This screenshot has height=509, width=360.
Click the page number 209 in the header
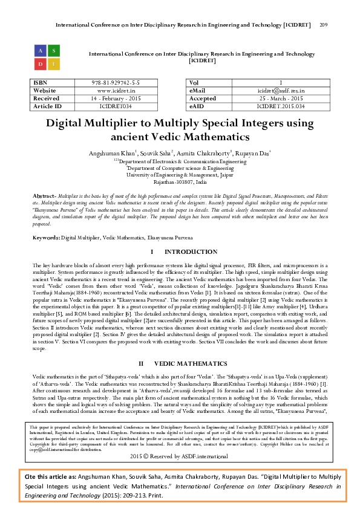(323, 25)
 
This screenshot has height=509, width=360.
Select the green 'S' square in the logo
(53, 51)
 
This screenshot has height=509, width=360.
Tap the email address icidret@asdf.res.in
(280, 91)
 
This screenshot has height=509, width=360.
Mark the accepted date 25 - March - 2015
(280, 99)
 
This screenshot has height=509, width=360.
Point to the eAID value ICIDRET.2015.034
(280, 106)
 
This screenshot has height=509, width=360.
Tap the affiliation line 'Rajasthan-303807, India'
(180, 181)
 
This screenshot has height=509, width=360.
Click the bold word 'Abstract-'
(44, 197)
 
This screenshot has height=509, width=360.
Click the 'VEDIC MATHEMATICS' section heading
(188, 363)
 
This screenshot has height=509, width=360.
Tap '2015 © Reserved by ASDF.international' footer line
(180, 456)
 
